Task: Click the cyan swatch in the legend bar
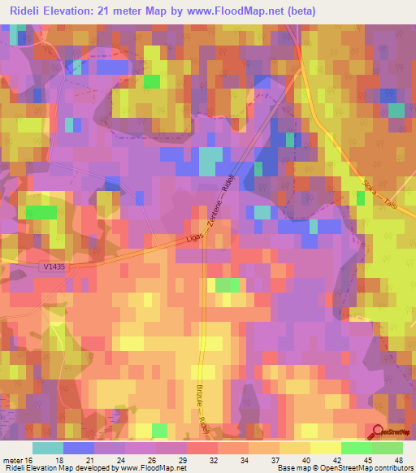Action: [48, 448]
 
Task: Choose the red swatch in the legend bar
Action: [202, 448]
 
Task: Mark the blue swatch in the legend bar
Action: [79, 448]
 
